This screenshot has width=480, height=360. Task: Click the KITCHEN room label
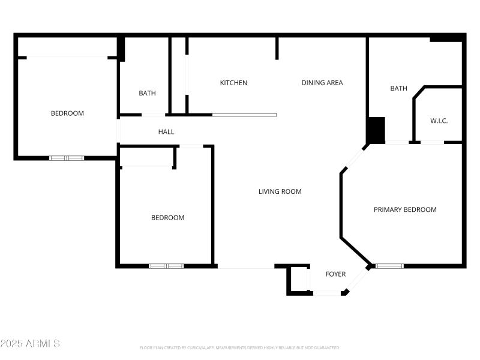click(233, 83)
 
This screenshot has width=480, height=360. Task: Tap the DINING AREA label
click(322, 83)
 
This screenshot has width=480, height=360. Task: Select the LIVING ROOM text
click(280, 191)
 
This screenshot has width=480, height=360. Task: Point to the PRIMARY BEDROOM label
click(405, 209)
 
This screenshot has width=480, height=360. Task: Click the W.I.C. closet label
click(439, 121)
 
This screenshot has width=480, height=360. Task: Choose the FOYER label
click(335, 274)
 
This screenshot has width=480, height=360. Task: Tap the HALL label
click(166, 131)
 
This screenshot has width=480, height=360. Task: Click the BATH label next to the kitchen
click(147, 93)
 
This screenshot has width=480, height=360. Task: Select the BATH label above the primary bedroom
click(398, 88)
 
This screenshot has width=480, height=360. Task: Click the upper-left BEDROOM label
click(67, 113)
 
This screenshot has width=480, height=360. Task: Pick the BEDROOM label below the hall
click(167, 218)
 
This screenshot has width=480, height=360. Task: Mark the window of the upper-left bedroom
click(67, 158)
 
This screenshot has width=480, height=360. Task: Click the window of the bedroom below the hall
click(166, 266)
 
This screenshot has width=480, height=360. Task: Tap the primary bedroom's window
click(390, 266)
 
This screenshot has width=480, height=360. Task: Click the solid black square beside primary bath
click(376, 129)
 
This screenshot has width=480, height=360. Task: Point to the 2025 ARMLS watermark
click(30, 344)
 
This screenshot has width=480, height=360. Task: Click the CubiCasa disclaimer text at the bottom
click(240, 347)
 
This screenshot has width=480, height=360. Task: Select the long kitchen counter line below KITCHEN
click(244, 115)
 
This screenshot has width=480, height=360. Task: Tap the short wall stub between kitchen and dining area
click(277, 48)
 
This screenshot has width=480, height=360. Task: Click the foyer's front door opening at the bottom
click(328, 293)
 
